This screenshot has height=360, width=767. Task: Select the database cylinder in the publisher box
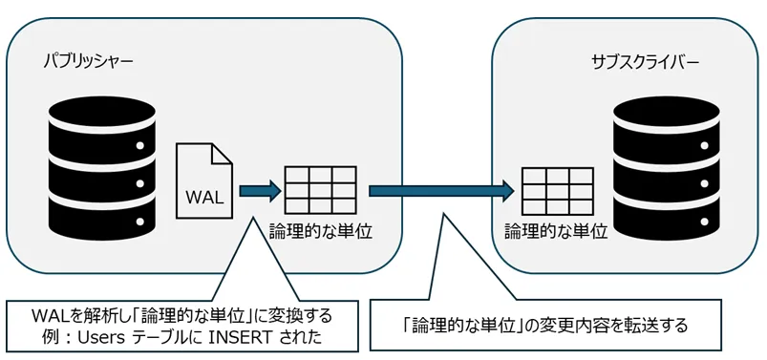point(100,170)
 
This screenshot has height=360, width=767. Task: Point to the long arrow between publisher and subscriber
point(436,190)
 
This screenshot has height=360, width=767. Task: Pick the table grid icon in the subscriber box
point(558,191)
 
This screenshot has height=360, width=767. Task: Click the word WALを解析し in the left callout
point(66,315)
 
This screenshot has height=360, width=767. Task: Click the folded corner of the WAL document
point(223,152)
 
